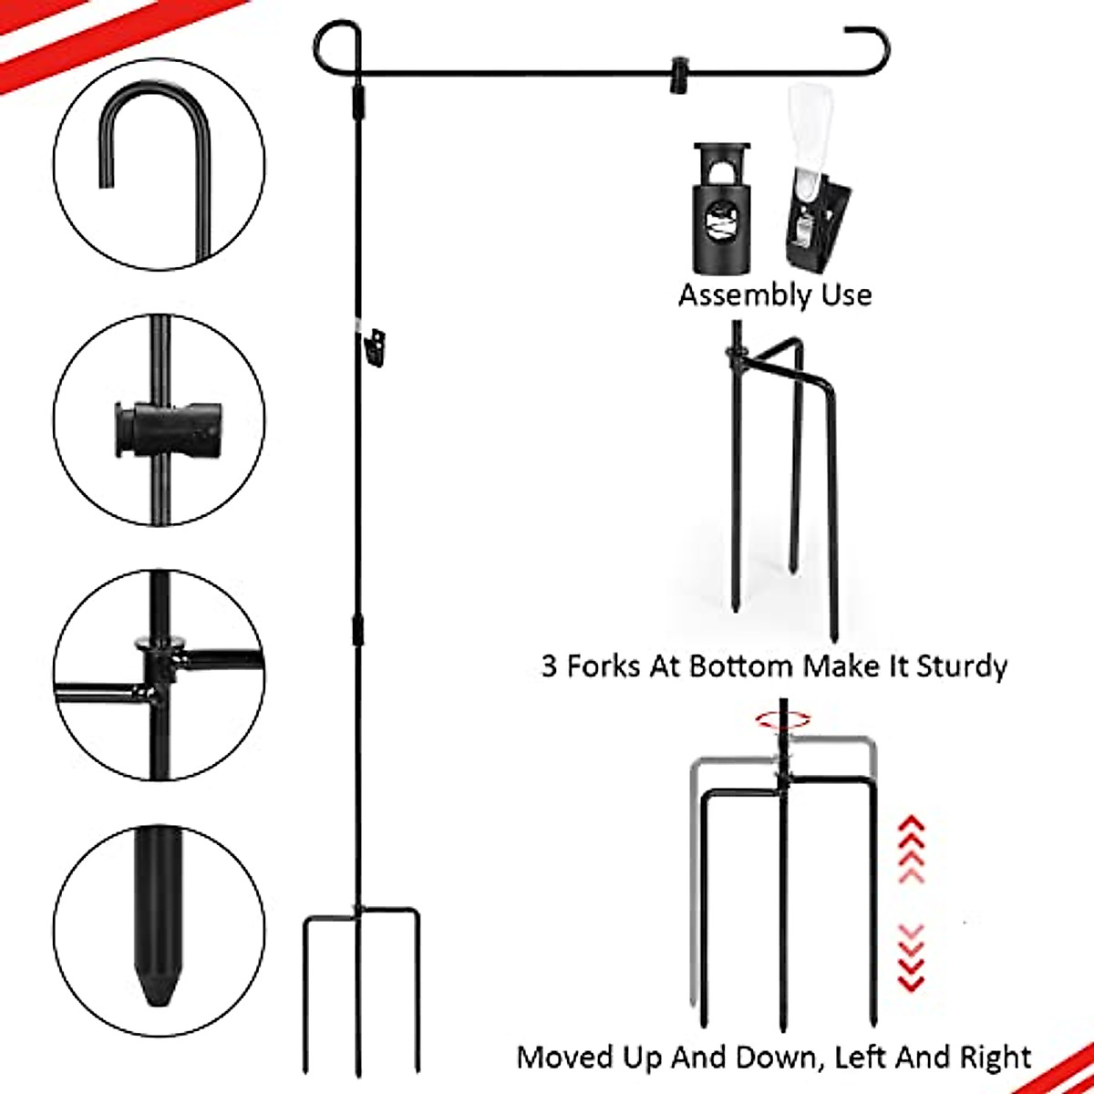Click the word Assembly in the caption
point(733,295)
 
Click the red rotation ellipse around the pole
point(782,720)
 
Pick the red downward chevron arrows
point(912,957)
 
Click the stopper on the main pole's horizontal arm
point(677,75)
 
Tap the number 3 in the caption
point(549,666)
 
